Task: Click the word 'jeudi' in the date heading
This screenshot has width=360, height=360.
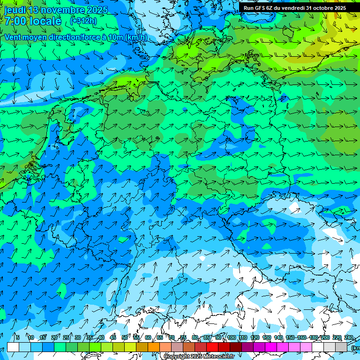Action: pyautogui.click(x=15, y=10)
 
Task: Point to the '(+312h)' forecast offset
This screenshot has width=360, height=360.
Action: pyautogui.click(x=83, y=21)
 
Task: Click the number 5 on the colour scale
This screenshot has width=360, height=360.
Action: pyautogui.click(x=17, y=337)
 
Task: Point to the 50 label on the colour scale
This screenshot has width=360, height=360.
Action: pyautogui.click(x=124, y=337)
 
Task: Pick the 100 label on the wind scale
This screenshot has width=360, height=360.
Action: pyautogui.click(x=232, y=337)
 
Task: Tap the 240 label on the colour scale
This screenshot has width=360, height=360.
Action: pyautogui.click(x=349, y=337)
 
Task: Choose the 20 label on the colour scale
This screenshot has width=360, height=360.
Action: pyautogui.click(x=54, y=337)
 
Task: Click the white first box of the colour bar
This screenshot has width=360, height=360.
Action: pyautogui.click(x=13, y=347)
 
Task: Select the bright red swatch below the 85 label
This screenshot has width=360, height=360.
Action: pyautogui.click(x=212, y=347)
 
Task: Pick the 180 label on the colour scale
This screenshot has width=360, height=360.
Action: pyautogui.click(x=314, y=337)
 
